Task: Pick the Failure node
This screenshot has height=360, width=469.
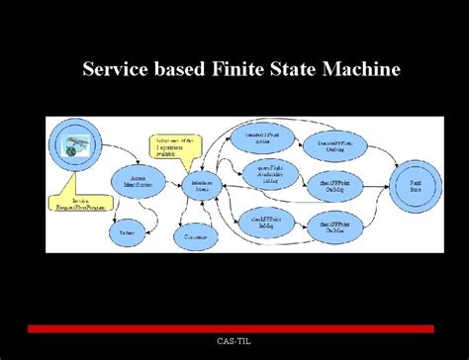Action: click(x=127, y=232)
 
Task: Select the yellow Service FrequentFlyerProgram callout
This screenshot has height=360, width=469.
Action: click(x=75, y=201)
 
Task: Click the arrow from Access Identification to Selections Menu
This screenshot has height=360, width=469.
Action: click(x=172, y=184)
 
